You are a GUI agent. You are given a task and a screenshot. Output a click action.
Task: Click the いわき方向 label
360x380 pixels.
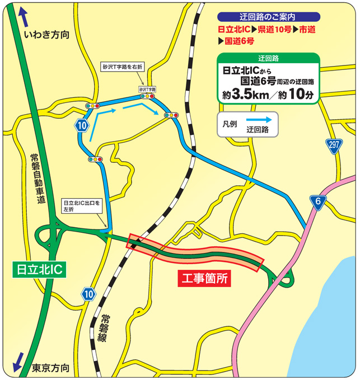coord(47,35)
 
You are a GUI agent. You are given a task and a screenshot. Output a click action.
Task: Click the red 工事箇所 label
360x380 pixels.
coord(205,278)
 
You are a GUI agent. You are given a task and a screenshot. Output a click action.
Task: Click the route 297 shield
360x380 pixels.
coord(334,146)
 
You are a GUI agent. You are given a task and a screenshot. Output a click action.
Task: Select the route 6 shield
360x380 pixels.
coord(317,203)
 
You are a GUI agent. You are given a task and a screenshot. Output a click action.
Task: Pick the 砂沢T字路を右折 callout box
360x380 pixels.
coord(123,67)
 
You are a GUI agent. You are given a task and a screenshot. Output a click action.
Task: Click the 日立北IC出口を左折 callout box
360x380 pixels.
coord(81,207)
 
